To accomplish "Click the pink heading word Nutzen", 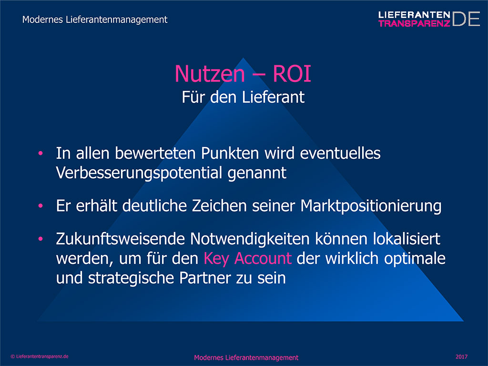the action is click(210, 74).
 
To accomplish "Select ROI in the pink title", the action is click(292, 74).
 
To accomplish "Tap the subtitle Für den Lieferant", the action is click(243, 97).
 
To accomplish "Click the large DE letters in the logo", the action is click(466, 19).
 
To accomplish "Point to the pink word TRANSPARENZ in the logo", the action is click(414, 23).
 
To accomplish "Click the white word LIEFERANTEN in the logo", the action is click(414, 15).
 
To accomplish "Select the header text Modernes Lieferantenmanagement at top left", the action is click(95, 20).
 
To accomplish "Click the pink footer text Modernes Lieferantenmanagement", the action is click(246, 357).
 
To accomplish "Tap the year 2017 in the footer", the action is click(461, 356).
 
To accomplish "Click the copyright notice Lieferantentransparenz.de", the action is click(40, 356).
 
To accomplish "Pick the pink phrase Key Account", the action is click(248, 259).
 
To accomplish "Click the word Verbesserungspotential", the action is click(139, 173).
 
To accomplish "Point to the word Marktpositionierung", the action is click(371, 206).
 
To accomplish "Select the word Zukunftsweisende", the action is click(121, 239).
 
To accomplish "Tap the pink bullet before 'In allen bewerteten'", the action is click(41, 153).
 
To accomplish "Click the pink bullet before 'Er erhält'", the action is click(41, 206).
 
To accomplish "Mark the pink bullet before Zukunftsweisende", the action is click(41, 239).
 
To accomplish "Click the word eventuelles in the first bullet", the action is click(340, 153).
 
